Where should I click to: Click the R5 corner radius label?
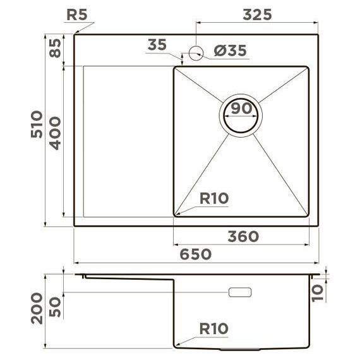click(77, 14)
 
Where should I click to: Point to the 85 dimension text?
click(55, 48)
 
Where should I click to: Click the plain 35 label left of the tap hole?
click(157, 45)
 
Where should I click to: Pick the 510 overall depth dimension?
click(36, 124)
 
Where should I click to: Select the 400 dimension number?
click(56, 133)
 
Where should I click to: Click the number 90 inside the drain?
click(241, 108)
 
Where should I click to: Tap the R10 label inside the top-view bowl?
click(213, 199)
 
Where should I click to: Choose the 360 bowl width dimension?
click(243, 236)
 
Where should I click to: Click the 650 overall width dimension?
click(196, 254)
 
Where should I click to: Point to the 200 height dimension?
click(37, 308)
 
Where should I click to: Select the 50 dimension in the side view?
click(56, 307)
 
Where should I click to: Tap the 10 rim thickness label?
click(318, 291)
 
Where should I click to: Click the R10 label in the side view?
click(213, 329)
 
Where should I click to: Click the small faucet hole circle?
click(196, 52)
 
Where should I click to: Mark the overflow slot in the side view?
click(240, 292)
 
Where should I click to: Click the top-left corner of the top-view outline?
click(75, 35)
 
